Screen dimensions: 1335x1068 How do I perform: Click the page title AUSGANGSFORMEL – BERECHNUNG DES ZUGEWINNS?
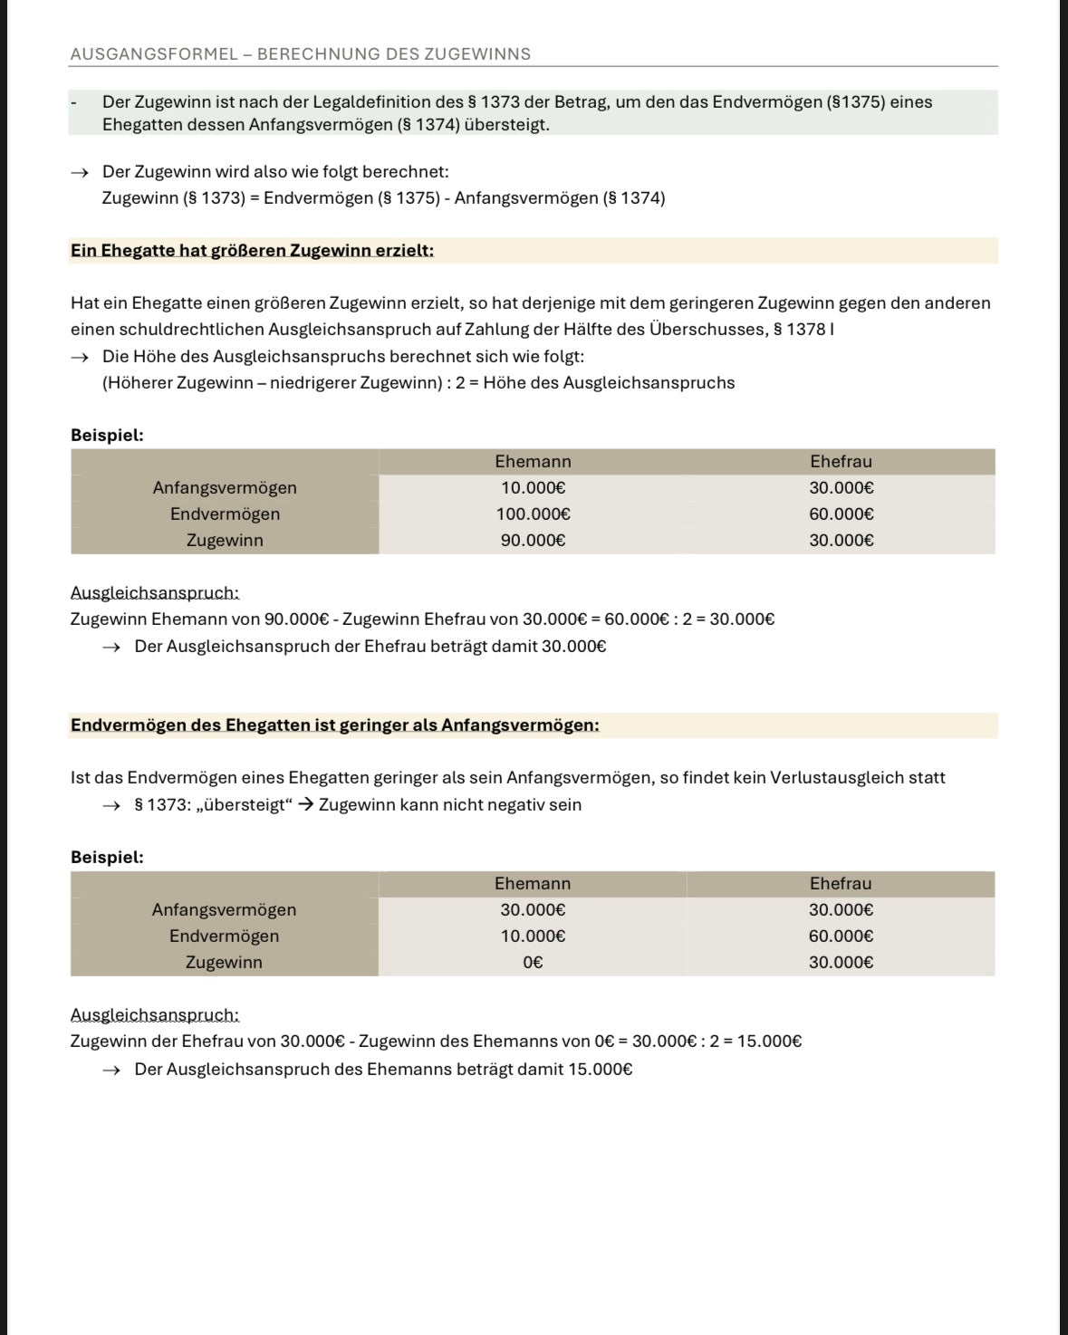[300, 54]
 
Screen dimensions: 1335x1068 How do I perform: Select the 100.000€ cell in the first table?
[533, 514]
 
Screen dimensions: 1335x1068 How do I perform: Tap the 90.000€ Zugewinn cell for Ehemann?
[533, 541]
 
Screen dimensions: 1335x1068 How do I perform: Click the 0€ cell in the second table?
[533, 963]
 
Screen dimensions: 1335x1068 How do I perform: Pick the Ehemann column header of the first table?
[533, 462]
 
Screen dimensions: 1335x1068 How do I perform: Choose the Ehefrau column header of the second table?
[840, 884]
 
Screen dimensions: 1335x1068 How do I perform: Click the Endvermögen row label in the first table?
[225, 514]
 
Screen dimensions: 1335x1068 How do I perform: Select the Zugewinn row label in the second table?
[224, 963]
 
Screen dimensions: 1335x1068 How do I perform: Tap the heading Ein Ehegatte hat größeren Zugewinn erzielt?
[252, 251]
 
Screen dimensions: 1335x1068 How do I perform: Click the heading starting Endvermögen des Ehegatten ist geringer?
[334, 725]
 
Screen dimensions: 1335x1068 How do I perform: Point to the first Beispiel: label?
[107, 436]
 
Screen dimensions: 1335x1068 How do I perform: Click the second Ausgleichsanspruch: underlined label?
[155, 1015]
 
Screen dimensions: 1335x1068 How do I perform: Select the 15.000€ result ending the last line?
[769, 1042]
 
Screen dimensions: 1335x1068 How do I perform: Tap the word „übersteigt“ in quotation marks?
[239, 805]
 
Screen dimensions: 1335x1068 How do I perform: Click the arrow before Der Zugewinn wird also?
[81, 172]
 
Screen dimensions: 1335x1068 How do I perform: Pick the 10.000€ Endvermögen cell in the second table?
[533, 936]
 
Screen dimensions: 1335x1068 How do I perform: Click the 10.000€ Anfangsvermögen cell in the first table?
[533, 488]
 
